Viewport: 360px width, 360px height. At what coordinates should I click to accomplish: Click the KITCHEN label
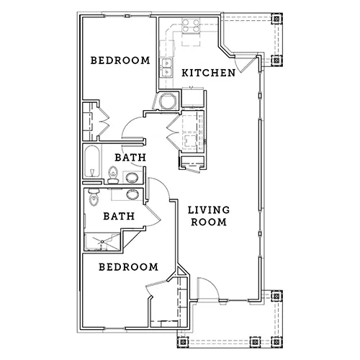[208, 73]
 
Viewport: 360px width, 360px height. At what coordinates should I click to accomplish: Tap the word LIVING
[209, 210]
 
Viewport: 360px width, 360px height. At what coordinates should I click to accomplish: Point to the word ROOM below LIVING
[209, 222]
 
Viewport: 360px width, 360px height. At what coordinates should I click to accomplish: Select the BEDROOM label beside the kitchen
[120, 60]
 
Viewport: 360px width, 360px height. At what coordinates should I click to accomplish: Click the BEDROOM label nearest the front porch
[128, 267]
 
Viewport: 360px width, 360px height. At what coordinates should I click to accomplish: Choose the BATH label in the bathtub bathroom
[130, 158]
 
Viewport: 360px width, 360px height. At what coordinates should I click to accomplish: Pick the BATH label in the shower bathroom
[119, 216]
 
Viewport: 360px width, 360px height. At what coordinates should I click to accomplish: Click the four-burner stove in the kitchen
[191, 26]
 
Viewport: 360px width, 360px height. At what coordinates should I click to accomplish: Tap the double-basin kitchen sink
[166, 68]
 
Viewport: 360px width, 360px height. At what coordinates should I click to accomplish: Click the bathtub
[92, 161]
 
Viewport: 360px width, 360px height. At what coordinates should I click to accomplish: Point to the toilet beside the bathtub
[113, 175]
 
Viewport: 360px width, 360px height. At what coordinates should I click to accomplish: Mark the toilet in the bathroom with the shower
[94, 197]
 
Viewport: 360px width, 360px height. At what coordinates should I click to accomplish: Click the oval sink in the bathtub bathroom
[132, 178]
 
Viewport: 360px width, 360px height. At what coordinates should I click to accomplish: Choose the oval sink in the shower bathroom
[132, 194]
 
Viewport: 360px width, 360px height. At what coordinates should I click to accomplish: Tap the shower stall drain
[102, 241]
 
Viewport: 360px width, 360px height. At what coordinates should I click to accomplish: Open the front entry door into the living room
[208, 289]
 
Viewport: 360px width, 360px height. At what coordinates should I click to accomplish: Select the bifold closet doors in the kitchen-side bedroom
[104, 121]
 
